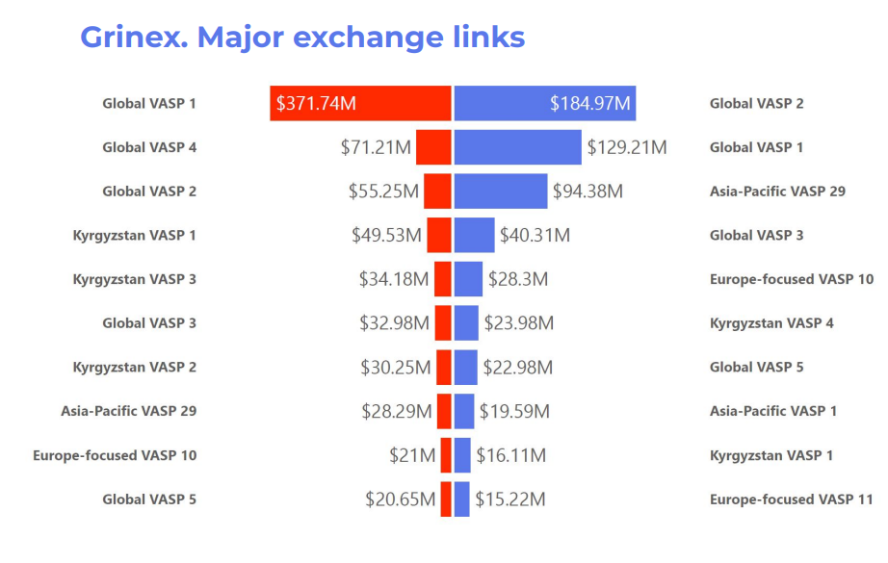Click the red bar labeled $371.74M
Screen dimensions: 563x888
tap(360, 103)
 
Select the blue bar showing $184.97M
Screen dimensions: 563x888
tap(544, 103)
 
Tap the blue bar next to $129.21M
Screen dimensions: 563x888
tap(518, 147)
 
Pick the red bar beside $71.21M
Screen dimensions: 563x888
tap(433, 147)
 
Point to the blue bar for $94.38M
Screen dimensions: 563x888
tap(500, 192)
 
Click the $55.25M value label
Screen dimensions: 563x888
tap(383, 192)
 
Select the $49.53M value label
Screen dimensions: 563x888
tap(386, 235)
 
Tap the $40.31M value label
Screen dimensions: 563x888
tap(535, 235)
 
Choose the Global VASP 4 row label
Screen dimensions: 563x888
tap(149, 147)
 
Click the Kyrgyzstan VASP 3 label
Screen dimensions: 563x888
tap(135, 279)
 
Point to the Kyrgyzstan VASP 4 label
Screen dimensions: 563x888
tap(771, 322)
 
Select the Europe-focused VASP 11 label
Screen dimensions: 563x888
tap(792, 499)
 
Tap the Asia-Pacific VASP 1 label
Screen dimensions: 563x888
tap(773, 411)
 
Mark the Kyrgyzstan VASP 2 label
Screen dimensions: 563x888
tap(135, 367)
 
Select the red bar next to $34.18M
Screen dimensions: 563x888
tap(443, 279)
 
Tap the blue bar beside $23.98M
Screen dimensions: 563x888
tap(466, 322)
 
